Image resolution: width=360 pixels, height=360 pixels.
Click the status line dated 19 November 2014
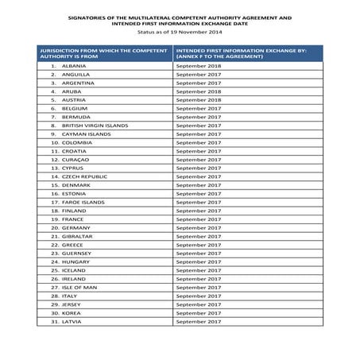coord(179,33)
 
